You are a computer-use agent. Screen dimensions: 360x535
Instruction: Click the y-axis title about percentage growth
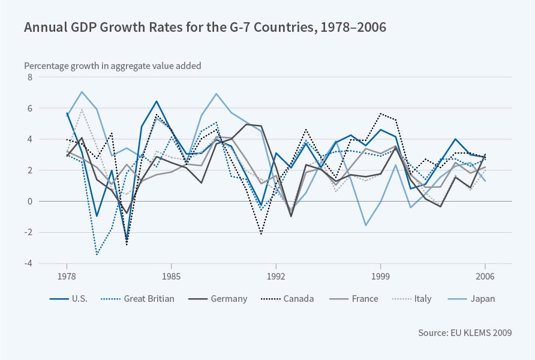point(113,66)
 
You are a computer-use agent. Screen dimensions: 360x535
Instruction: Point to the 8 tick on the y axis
point(27,77)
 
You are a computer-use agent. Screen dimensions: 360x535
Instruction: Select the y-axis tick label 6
point(27,109)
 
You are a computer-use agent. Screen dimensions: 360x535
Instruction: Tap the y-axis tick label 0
point(27,202)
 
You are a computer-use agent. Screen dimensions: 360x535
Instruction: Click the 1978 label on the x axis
point(67,278)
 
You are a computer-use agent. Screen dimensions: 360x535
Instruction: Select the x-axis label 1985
point(172,278)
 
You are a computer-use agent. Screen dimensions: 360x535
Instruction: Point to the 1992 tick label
point(276,278)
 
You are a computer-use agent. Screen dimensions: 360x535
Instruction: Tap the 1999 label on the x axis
point(380,278)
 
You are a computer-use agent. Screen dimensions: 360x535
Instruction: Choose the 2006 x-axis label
point(485,278)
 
